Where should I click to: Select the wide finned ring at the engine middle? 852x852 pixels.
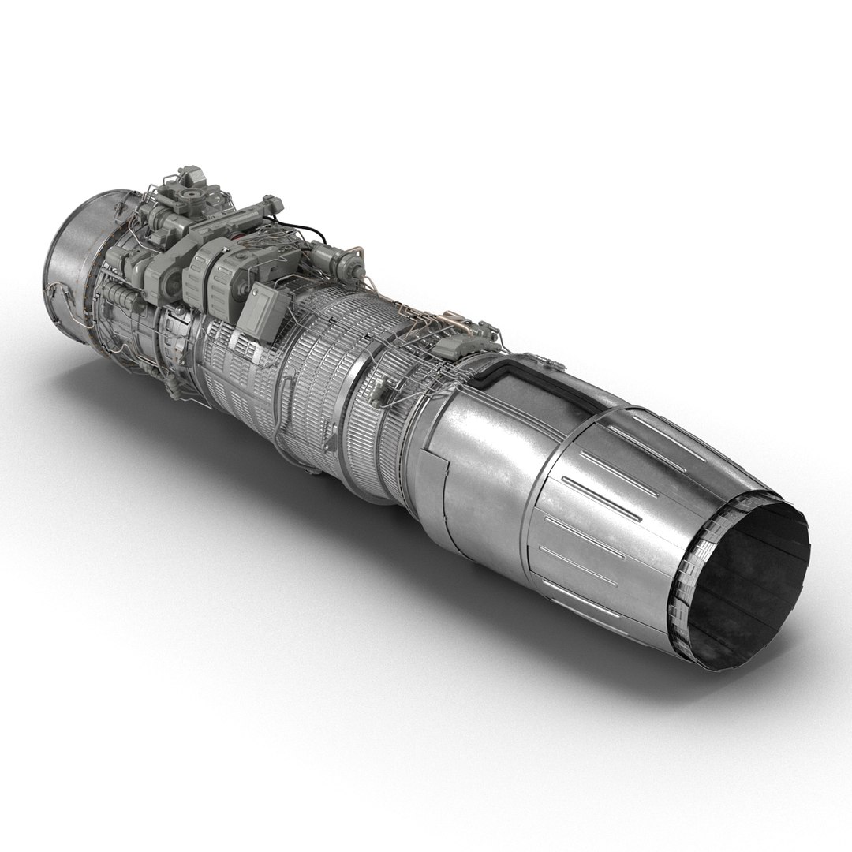[316, 371]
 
